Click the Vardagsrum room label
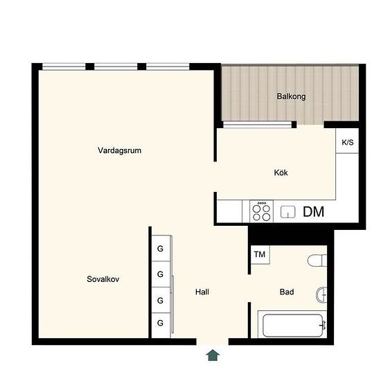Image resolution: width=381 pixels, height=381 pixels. coord(120,150)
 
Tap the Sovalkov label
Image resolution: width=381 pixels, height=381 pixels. coord(103,279)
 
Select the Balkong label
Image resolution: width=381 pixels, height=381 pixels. coord(292,96)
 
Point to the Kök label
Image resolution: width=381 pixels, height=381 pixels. coord(281,172)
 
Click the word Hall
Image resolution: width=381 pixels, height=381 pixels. coord(202,292)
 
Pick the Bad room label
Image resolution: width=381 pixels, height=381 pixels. coord(287,292)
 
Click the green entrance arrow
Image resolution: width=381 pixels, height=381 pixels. coord(213,355)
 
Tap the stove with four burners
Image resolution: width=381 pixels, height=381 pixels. coord(261,211)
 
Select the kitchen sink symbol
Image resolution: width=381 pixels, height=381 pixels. coord(288,212)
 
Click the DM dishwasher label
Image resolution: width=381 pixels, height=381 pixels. coord(313,212)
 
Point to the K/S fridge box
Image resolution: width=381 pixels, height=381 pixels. coord(347,141)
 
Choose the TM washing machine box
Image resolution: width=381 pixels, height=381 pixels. coord(260,255)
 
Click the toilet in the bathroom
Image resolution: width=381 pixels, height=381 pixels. coord(317,260)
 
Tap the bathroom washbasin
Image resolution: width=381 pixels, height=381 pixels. coord(321,294)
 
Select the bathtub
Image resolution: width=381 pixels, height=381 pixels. coord(292,326)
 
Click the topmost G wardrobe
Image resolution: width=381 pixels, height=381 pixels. coord(161,248)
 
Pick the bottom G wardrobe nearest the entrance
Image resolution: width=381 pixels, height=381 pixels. coord(161,325)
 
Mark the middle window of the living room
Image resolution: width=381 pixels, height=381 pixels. coord(116,67)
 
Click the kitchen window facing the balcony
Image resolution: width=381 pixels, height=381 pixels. coord(257,125)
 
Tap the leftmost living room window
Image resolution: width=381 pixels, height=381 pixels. coord(64,67)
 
